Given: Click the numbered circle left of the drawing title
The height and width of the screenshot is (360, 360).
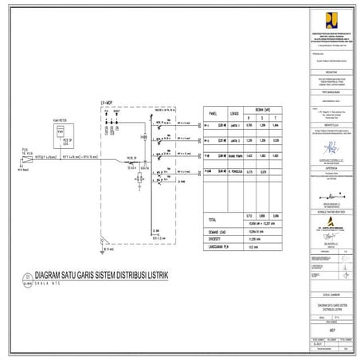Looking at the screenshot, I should [x=27, y=280].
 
